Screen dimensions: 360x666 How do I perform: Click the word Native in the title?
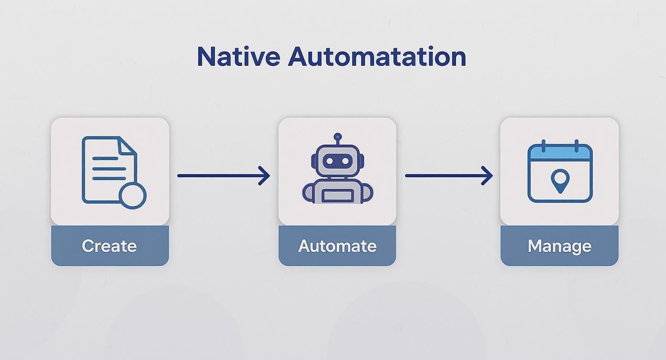238,56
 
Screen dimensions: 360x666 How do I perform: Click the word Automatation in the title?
377,56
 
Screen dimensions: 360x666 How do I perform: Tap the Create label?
110,246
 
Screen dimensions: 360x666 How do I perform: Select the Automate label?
337,246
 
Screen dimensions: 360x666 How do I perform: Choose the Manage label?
559,246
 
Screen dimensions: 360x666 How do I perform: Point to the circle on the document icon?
133,195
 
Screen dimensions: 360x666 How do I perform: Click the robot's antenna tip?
338,137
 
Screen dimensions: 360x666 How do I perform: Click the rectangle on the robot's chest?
338,196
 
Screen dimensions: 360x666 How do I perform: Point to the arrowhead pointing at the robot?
265,176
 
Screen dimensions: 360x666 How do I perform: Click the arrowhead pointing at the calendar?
488,176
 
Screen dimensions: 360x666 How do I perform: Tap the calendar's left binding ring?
544,146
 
